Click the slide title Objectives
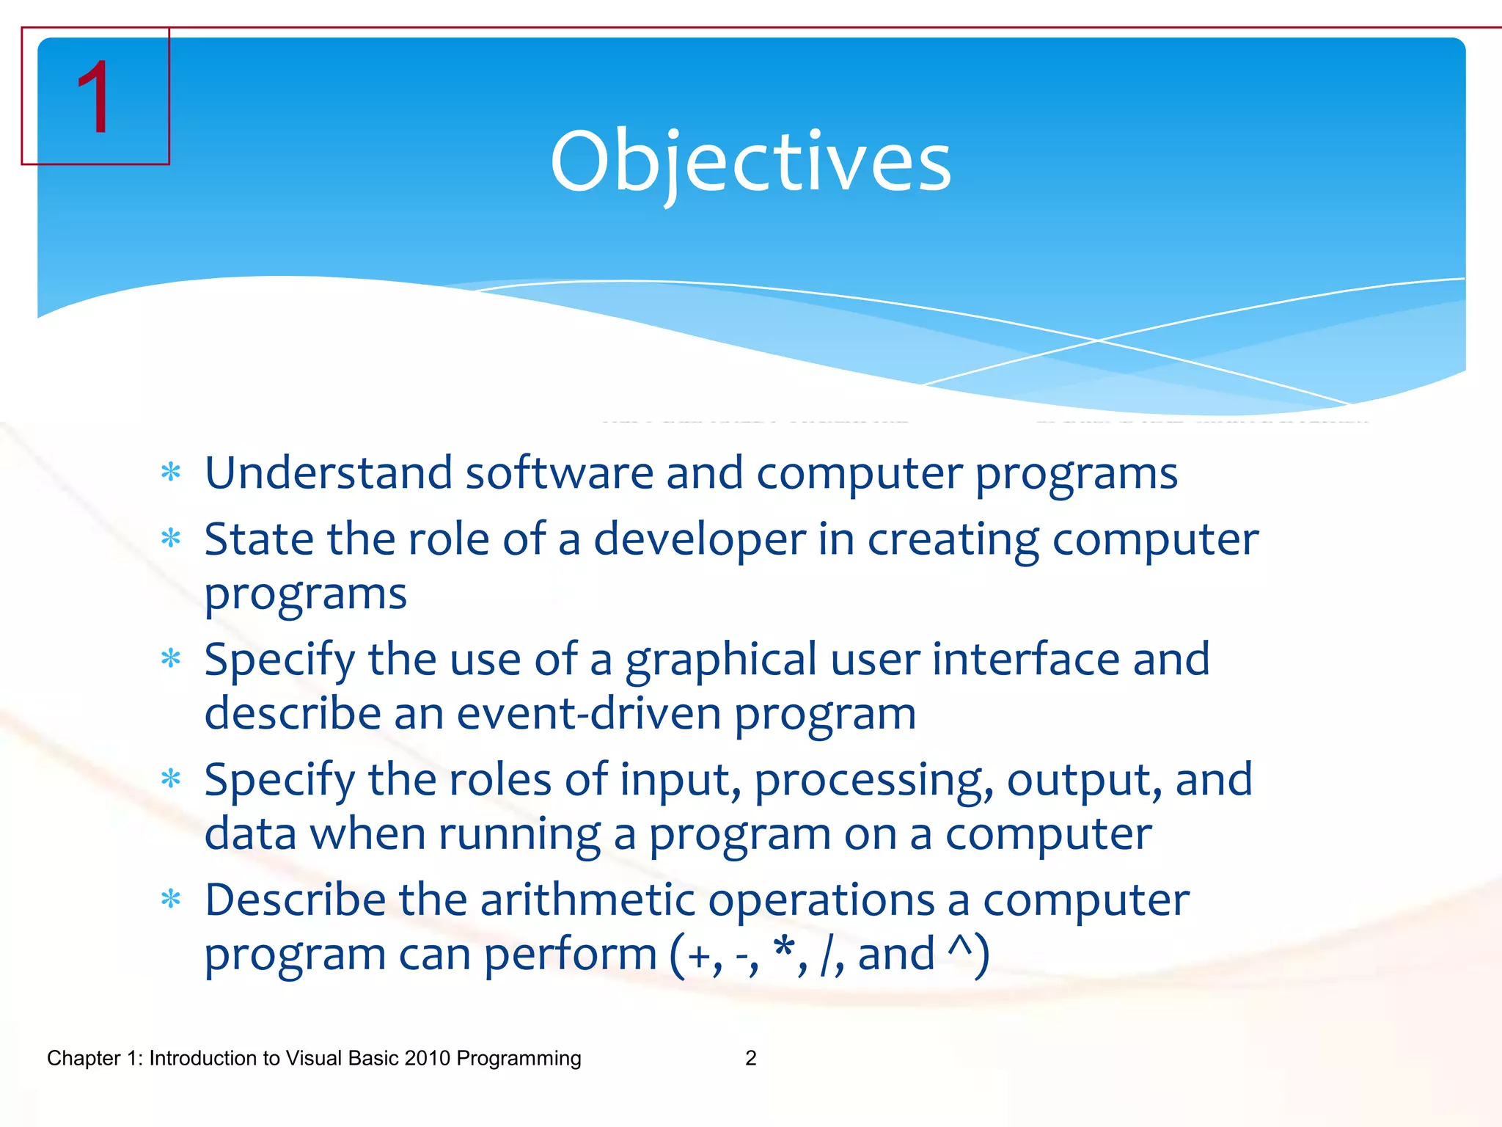[750, 161]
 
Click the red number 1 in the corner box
[94, 98]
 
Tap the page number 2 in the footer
[750, 1058]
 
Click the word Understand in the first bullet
[328, 473]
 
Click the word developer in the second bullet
[699, 540]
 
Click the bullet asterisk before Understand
[171, 473]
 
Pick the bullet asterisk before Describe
[171, 899]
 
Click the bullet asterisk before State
[171, 539]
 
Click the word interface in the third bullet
[1025, 659]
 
